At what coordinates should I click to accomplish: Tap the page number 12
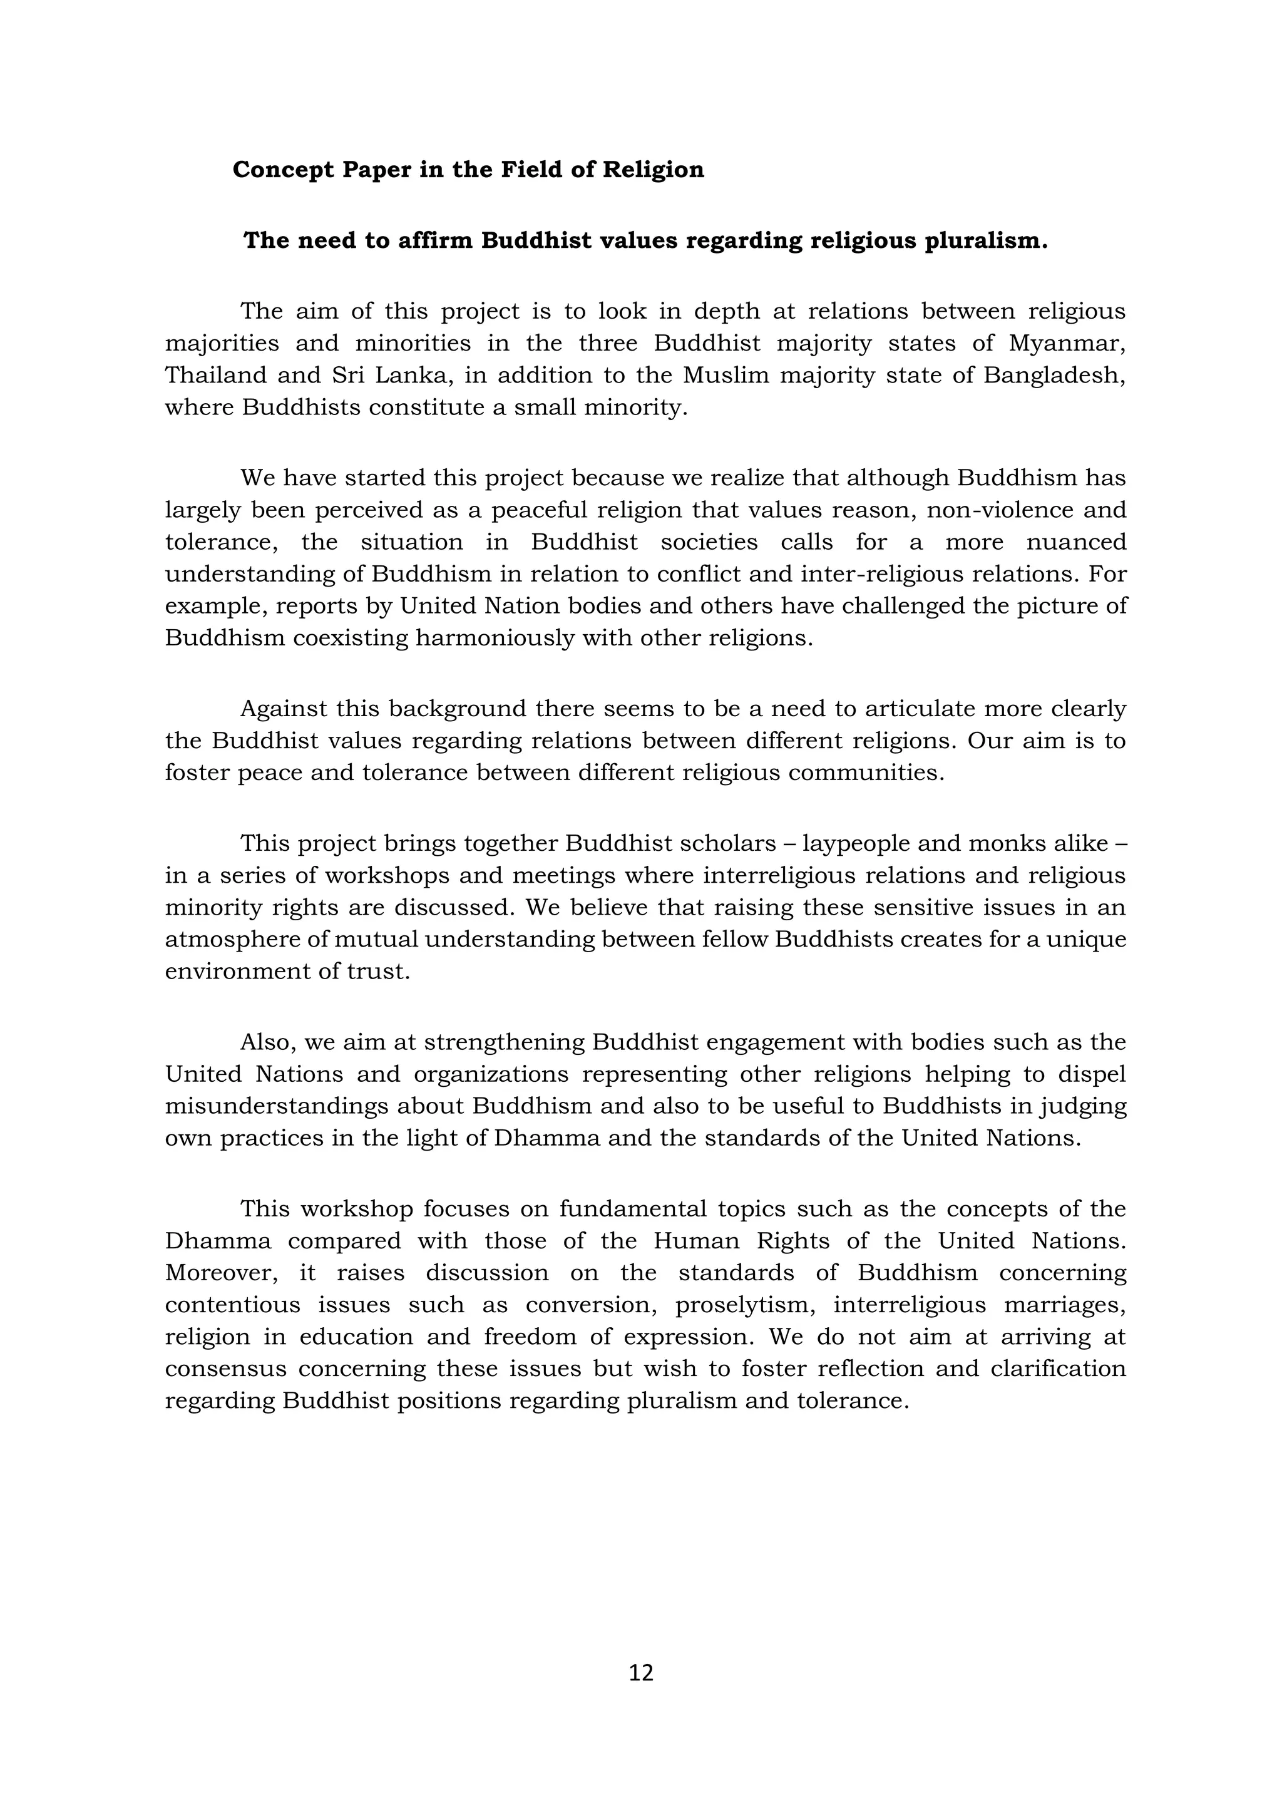click(x=641, y=1672)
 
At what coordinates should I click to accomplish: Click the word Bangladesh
click(x=1054, y=375)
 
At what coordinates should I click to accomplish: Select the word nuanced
click(x=1076, y=543)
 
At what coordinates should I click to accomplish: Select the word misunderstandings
click(x=276, y=1106)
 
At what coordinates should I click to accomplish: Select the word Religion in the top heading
click(x=653, y=170)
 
